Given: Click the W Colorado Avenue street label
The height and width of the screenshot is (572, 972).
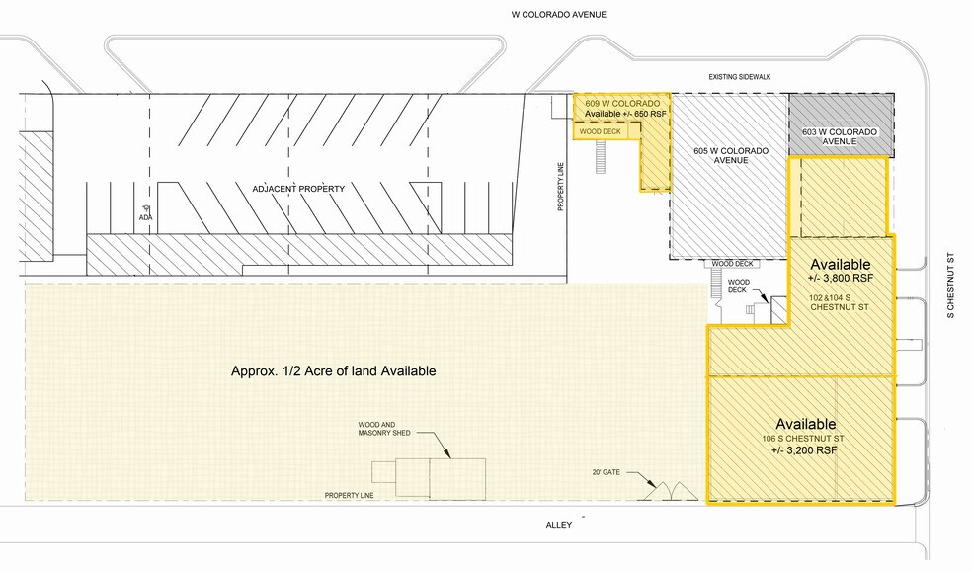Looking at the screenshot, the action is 558,14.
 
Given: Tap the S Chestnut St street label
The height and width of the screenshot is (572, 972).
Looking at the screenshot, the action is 950,286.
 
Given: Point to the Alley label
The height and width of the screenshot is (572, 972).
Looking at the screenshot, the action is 558,525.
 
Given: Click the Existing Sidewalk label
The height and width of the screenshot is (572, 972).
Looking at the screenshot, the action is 740,77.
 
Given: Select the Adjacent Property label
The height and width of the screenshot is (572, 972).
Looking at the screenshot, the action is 298,189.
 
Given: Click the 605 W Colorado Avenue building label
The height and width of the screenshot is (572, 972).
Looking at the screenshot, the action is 731,155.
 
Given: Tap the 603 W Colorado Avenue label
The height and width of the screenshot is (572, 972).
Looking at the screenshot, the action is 840,136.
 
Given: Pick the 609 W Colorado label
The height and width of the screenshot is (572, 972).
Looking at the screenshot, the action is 622,103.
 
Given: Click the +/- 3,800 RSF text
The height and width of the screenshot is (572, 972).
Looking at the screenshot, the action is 841,278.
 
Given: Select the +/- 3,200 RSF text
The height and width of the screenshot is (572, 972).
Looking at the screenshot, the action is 804,450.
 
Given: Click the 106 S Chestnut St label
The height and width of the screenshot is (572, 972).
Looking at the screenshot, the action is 803,439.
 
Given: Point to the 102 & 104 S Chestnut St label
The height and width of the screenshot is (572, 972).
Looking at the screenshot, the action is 839,302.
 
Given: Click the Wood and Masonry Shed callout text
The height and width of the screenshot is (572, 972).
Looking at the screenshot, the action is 383,429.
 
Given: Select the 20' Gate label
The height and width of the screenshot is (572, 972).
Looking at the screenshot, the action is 606,472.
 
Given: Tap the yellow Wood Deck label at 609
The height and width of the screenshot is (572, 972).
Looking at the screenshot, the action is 600,131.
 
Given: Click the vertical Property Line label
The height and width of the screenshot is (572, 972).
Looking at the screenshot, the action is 560,187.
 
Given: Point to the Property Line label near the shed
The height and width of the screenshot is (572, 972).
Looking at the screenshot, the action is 349,496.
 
